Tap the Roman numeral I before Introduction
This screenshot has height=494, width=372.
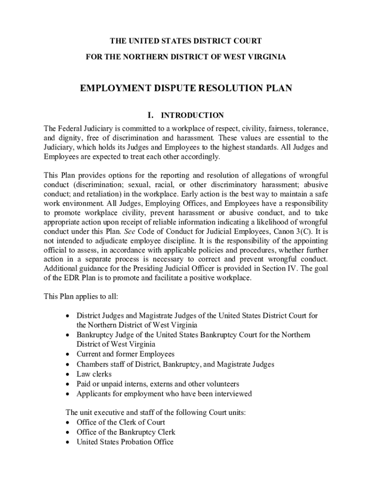(x=151, y=115)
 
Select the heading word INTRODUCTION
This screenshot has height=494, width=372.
(x=192, y=116)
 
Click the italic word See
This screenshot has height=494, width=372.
(x=130, y=231)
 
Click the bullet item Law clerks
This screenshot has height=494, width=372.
(x=94, y=374)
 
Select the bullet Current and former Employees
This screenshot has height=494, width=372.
(x=126, y=355)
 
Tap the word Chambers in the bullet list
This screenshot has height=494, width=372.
(x=92, y=364)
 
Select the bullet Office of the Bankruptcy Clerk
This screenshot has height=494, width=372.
(x=126, y=432)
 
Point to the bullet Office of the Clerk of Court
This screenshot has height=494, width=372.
(x=121, y=422)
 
